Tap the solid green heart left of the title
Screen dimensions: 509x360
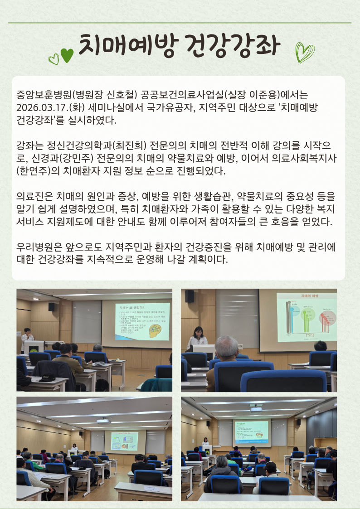[67, 55]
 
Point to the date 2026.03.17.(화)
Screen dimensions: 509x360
[51, 108]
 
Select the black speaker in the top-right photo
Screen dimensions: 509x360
[190, 296]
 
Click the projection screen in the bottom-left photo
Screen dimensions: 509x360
[124, 441]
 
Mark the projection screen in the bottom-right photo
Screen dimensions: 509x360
[251, 433]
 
